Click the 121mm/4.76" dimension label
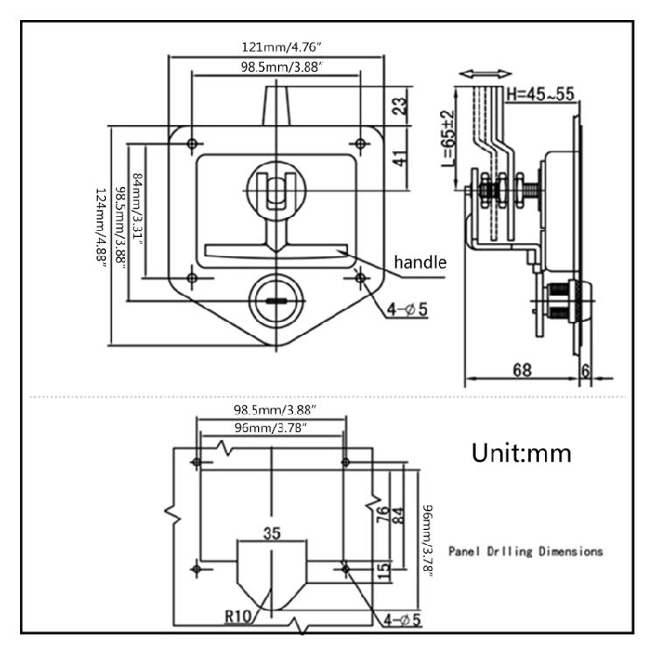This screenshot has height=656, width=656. [x=282, y=47]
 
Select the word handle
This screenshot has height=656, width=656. [x=420, y=262]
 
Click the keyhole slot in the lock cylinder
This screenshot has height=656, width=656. [x=276, y=300]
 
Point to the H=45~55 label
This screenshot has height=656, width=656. [x=541, y=94]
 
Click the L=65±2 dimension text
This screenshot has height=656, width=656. [x=448, y=138]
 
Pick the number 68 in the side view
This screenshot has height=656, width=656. [x=522, y=370]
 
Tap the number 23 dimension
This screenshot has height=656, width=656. [x=400, y=106]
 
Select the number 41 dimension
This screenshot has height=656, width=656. [x=400, y=158]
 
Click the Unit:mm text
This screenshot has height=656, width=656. [x=521, y=453]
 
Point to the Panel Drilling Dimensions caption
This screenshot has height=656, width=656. [x=526, y=551]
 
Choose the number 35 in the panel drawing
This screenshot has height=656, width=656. [x=272, y=534]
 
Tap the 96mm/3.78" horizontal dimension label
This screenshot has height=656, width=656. [x=270, y=428]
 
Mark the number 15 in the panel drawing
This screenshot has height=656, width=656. [x=383, y=570]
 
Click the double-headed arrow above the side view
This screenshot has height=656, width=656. [x=485, y=74]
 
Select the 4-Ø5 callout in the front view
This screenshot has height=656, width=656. [x=407, y=310]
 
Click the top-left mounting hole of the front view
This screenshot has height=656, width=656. [x=192, y=144]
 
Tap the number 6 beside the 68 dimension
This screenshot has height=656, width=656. [x=586, y=371]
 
